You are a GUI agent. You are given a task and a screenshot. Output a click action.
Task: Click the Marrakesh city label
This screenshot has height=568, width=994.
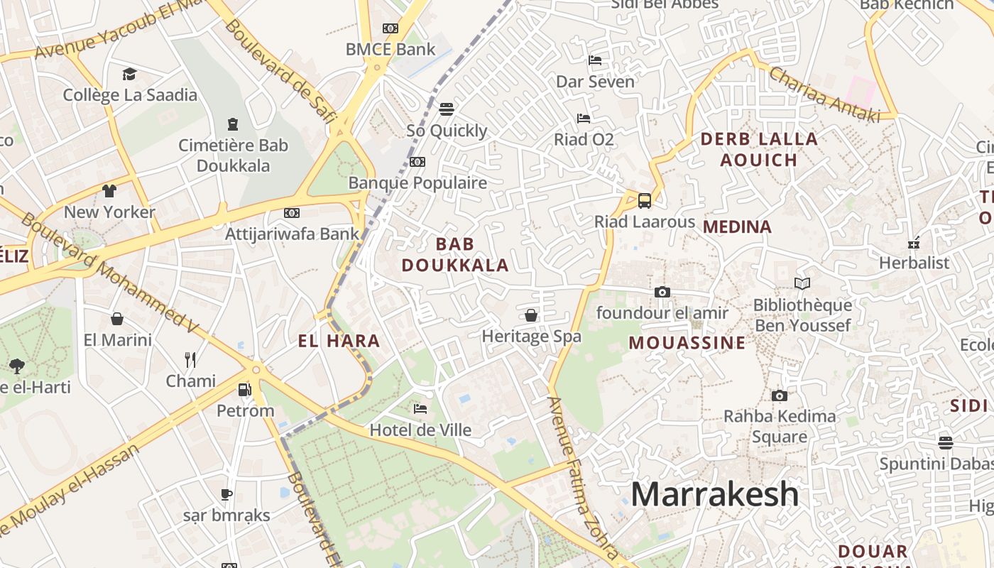[714, 493]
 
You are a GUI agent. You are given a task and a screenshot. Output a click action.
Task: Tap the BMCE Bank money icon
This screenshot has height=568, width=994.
[390, 28]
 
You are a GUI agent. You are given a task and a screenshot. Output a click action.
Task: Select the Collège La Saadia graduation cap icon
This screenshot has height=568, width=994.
[129, 74]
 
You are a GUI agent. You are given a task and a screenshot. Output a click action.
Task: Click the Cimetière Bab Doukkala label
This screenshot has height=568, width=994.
[233, 155]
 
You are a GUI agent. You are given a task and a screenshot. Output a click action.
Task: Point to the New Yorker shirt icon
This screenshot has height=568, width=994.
[109, 190]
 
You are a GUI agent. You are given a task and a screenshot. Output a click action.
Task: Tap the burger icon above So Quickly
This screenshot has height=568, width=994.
[446, 109]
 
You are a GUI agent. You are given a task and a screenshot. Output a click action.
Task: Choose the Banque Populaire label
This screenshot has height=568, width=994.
[417, 182]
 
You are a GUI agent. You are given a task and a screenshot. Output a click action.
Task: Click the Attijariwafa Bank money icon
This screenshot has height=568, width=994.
[291, 212]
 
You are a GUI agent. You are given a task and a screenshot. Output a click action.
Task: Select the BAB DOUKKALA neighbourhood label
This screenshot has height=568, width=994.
[455, 255]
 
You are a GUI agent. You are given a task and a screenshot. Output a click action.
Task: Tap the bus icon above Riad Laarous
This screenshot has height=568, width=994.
[644, 201]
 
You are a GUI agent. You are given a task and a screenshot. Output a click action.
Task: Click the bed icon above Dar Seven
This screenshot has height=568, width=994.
[595, 60]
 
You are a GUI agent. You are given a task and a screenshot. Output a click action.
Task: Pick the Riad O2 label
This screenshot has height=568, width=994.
[584, 139]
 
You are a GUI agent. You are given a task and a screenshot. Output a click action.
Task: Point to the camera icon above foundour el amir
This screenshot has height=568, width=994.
[662, 292]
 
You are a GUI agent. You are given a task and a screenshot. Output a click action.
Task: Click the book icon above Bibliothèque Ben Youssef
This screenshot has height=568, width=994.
[802, 284]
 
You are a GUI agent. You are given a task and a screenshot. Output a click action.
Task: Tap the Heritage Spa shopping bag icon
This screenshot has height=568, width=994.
[530, 315]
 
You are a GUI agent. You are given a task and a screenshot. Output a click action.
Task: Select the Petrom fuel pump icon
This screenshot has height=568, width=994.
[244, 389]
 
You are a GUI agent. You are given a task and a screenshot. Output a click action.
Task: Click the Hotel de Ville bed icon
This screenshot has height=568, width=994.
[420, 409]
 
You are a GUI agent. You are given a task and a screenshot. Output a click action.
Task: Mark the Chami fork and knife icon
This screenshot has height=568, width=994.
[190, 360]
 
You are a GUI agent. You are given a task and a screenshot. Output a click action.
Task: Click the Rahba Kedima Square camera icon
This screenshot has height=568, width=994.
[779, 395]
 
